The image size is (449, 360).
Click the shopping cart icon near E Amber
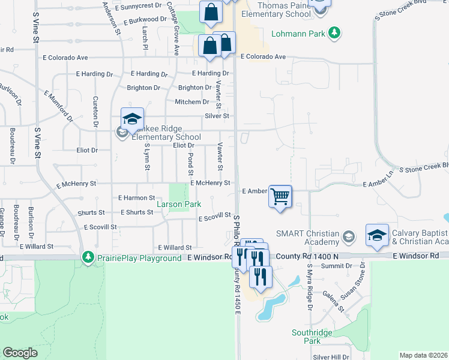click(280, 196)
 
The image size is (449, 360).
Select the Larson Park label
click(179, 205)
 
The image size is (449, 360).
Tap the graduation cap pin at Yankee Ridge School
click(132, 119)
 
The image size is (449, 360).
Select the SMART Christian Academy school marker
click(348, 237)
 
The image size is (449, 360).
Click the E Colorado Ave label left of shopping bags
click(65, 58)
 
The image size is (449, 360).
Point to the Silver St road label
click(217, 116)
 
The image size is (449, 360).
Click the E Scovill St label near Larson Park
click(215, 217)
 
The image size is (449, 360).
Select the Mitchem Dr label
click(191, 102)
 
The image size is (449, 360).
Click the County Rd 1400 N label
click(316, 256)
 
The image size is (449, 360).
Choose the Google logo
click(20, 353)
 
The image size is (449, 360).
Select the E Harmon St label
click(137, 197)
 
